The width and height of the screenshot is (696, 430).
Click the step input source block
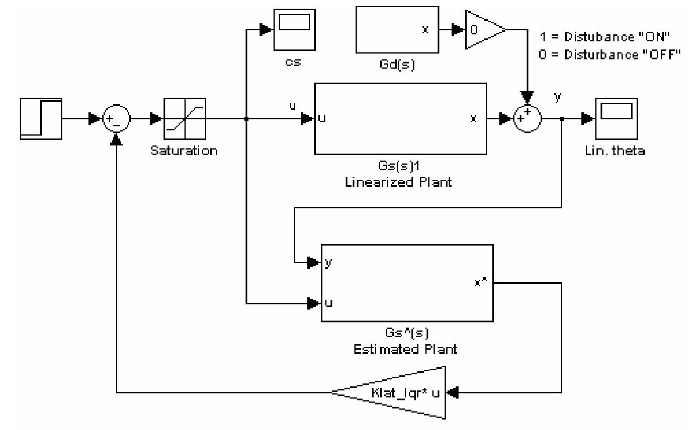[41, 119]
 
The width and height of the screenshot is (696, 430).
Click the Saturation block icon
[184, 119]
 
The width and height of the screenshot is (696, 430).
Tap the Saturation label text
[184, 151]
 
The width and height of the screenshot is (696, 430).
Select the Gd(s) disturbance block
[396, 30]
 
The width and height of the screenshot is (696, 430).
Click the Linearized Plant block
[400, 119]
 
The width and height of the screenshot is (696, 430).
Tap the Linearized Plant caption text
[400, 182]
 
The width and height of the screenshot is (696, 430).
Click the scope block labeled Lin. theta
[616, 119]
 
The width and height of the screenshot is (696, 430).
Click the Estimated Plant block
[407, 283]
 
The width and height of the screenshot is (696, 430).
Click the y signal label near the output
[558, 97]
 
